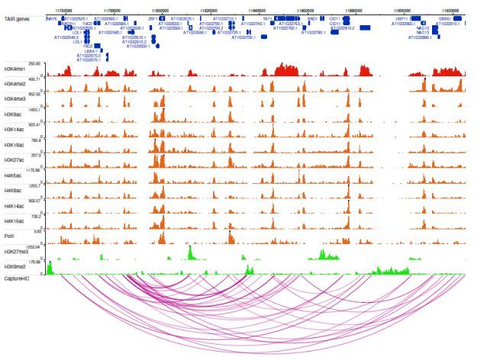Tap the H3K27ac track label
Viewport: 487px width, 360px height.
tap(15, 159)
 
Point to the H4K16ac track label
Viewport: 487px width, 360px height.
tap(15, 218)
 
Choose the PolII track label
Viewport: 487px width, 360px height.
tap(11, 236)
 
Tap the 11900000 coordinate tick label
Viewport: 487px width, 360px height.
tap(402, 9)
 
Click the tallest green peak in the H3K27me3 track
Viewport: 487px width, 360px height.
tap(190, 252)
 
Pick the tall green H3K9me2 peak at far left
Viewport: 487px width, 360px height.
tap(49, 268)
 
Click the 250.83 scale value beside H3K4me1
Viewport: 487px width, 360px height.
tap(34, 63)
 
